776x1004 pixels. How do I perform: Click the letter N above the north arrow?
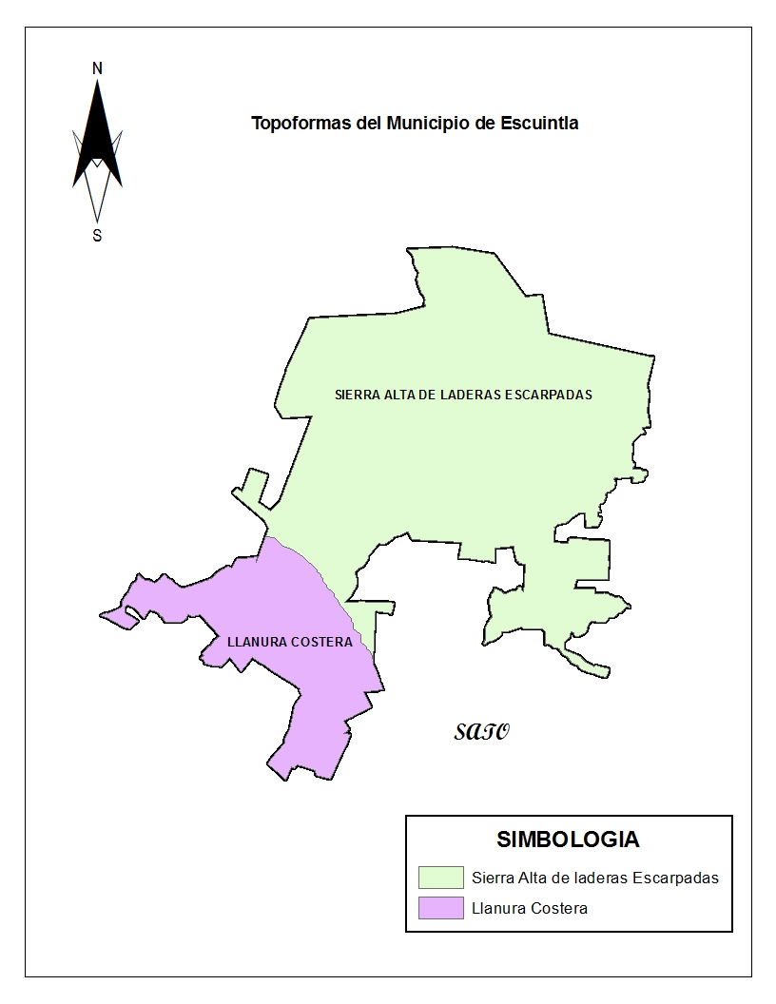click(x=97, y=68)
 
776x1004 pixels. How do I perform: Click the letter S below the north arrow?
click(x=97, y=236)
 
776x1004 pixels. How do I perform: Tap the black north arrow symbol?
click(x=97, y=138)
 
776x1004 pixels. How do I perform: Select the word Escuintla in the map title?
click(x=539, y=124)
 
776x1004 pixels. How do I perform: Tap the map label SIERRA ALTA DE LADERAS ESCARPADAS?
click(x=463, y=395)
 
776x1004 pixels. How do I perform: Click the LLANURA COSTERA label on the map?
click(x=290, y=642)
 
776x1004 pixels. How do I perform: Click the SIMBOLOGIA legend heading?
click(x=568, y=840)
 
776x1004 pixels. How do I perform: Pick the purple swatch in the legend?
click(x=440, y=908)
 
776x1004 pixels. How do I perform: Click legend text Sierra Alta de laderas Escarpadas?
click(x=595, y=878)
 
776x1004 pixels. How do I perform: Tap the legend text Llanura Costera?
click(x=530, y=908)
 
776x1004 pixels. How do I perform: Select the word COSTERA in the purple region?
click(x=322, y=642)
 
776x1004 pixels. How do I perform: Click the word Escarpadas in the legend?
click(x=679, y=878)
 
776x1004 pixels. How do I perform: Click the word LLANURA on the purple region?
click(x=258, y=642)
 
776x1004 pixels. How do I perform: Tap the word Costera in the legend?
click(x=560, y=908)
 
